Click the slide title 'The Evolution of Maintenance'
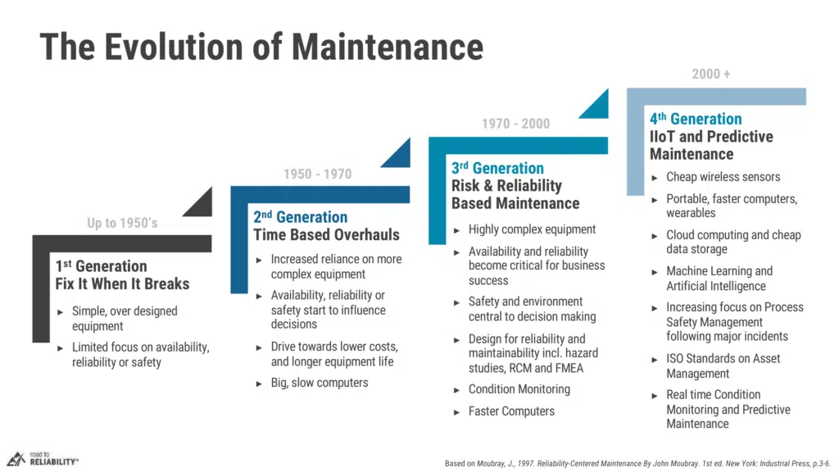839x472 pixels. [x=261, y=47]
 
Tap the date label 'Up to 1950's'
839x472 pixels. [x=123, y=223]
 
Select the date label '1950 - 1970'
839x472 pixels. [x=317, y=174]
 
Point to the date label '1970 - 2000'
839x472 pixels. [x=515, y=124]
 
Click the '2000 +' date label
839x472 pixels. [x=710, y=74]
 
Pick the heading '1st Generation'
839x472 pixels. [x=101, y=266]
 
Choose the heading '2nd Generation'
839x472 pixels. [x=300, y=216]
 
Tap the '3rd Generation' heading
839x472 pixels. [x=497, y=168]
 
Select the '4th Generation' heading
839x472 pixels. [x=696, y=118]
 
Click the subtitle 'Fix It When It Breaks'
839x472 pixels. [x=122, y=284]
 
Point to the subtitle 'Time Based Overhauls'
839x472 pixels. [x=326, y=234]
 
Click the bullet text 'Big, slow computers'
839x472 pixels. [x=320, y=383]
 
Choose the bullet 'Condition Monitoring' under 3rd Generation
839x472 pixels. [x=519, y=389]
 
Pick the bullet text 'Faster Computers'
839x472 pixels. [x=511, y=411]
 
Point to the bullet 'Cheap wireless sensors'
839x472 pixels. [x=723, y=177]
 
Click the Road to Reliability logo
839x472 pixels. [x=43, y=459]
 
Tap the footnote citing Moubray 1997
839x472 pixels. [x=637, y=464]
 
